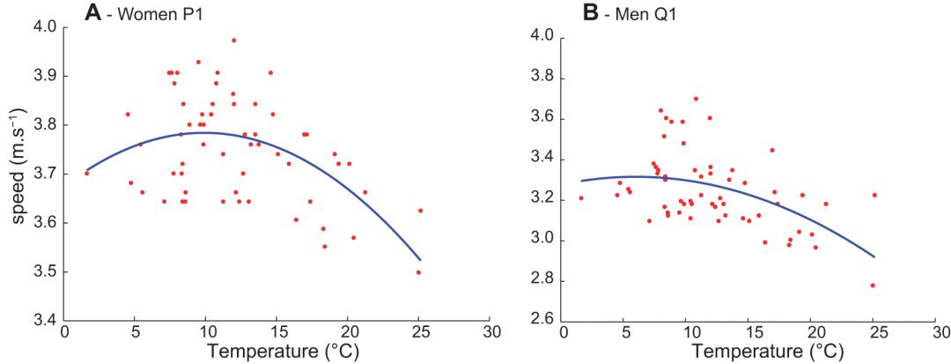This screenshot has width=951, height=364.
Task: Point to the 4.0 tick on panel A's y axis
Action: pyautogui.click(x=43, y=26)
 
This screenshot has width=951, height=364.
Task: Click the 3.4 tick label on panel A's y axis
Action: pyautogui.click(x=43, y=321)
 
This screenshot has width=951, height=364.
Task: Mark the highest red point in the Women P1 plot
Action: pyautogui.click(x=233, y=40)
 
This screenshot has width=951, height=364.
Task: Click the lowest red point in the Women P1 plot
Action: pyautogui.click(x=418, y=272)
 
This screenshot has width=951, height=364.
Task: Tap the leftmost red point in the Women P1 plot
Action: pyautogui.click(x=86, y=173)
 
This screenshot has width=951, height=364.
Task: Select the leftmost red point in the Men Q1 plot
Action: pyautogui.click(x=581, y=197)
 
